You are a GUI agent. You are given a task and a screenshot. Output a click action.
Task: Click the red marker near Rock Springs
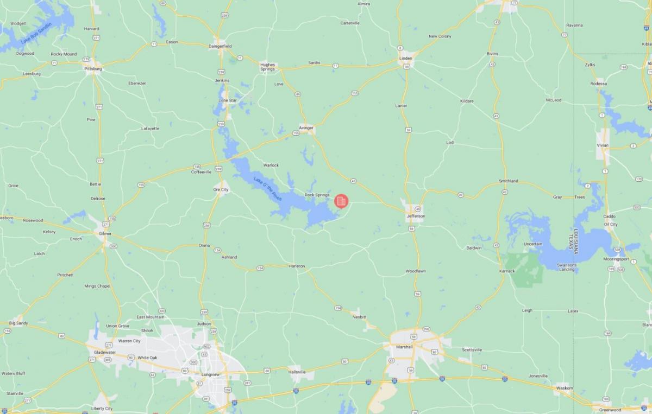(341, 201)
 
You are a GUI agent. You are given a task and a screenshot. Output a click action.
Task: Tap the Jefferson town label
(416, 216)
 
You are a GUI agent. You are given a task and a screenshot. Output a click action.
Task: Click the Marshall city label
(404, 347)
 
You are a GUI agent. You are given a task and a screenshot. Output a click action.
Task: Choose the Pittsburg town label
(93, 69)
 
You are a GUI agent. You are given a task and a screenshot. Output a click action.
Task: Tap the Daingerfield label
(220, 46)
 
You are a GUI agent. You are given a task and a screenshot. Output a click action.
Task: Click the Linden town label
(406, 58)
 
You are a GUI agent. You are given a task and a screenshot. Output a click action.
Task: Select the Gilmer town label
(105, 233)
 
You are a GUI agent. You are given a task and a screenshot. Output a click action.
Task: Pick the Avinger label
(306, 128)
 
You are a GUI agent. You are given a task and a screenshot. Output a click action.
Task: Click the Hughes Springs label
(268, 67)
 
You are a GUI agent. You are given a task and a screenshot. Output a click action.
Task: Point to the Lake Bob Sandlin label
(36, 33)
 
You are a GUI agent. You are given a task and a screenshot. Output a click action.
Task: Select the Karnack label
(506, 270)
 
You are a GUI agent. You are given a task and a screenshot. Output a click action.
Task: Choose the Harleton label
(297, 266)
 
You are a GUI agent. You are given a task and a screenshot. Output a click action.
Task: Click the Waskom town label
(565, 388)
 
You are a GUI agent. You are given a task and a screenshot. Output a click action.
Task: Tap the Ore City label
(221, 189)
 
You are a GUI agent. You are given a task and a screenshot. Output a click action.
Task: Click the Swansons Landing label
(567, 267)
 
